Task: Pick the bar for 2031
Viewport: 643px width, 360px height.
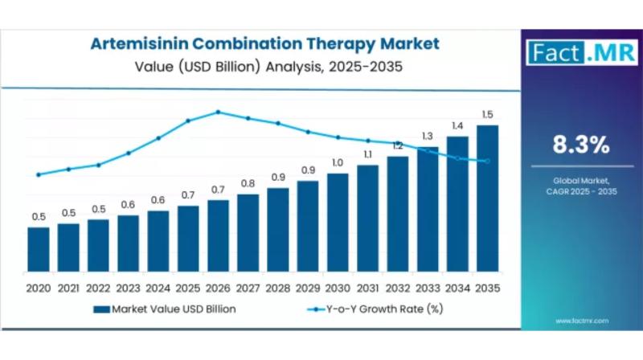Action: click(368, 221)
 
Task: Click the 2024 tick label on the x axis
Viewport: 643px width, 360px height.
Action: click(158, 288)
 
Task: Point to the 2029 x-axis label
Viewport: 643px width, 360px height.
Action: click(308, 288)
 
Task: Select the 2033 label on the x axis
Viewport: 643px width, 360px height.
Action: click(428, 288)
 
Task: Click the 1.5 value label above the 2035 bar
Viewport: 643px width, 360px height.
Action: click(488, 115)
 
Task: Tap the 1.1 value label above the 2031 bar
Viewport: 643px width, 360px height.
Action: click(368, 154)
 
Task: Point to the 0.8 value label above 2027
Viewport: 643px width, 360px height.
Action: click(248, 183)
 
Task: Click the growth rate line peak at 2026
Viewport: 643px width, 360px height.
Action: click(219, 112)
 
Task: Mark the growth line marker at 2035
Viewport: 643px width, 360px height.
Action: click(488, 162)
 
